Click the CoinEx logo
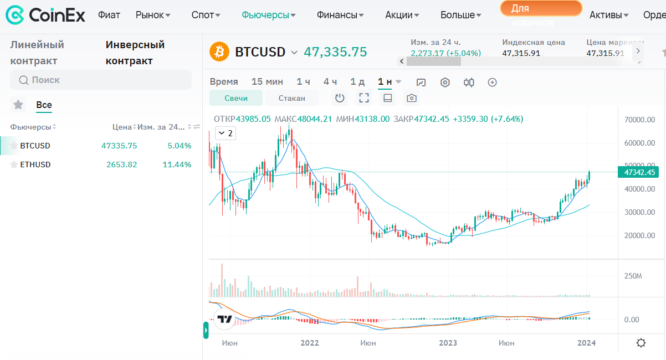[x=45, y=15]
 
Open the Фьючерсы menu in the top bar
[x=269, y=15]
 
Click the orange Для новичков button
[x=541, y=9]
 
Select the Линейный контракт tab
[x=37, y=53]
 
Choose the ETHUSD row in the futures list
[x=35, y=164]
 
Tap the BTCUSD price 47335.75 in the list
[x=119, y=146]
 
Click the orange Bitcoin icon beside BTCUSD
[x=219, y=52]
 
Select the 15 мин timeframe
[x=267, y=82]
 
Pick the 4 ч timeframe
[x=330, y=82]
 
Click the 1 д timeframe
[x=357, y=82]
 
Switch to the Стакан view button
[x=291, y=98]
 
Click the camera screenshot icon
[x=411, y=98]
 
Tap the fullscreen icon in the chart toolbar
[x=364, y=98]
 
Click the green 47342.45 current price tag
[x=638, y=172]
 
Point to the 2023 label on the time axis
[x=448, y=343]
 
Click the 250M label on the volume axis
[x=633, y=276]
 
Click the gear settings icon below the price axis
[x=641, y=343]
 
